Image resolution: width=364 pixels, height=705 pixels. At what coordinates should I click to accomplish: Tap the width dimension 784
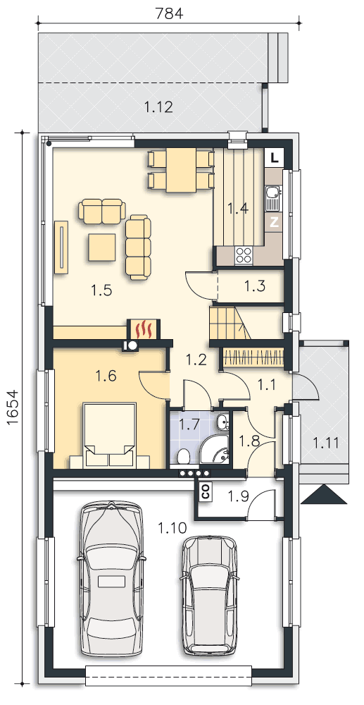tap(169, 14)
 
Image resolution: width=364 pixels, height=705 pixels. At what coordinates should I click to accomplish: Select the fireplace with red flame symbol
tap(143, 329)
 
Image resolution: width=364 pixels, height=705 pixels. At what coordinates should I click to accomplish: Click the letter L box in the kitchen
tap(275, 158)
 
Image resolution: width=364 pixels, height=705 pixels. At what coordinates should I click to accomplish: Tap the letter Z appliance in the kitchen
tap(274, 222)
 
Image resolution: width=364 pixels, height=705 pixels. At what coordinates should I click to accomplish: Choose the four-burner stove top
tap(244, 255)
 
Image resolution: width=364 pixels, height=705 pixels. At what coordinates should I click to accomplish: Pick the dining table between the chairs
tap(181, 169)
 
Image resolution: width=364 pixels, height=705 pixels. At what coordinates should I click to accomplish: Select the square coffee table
tap(101, 247)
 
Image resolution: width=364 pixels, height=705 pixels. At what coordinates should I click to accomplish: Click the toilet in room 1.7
tap(183, 457)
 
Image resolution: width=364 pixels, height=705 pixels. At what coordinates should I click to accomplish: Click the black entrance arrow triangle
tap(324, 495)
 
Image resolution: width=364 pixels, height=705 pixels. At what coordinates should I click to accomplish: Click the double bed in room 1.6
tap(110, 434)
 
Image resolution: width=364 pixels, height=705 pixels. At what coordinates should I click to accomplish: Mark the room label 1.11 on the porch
tap(325, 443)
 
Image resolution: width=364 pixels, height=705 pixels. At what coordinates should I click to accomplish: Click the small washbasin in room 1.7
tap(222, 422)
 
